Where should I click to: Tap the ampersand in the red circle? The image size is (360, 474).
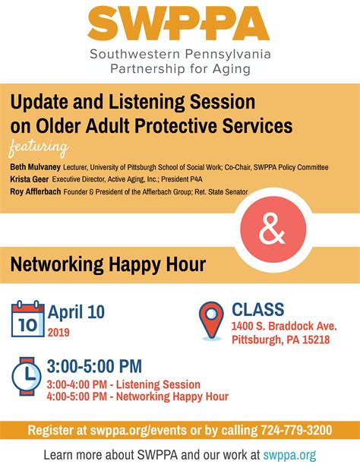[273, 228]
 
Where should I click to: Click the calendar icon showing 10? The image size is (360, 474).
[27, 319]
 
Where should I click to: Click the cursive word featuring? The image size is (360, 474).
[38, 147]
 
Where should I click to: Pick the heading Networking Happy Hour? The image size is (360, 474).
[108, 264]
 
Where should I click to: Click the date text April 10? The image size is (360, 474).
[76, 311]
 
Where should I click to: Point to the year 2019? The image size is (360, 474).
[58, 332]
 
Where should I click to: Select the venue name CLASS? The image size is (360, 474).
[257, 309]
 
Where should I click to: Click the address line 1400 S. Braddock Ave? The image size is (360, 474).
[284, 326]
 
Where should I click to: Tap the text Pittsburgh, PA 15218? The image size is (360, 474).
[280, 340]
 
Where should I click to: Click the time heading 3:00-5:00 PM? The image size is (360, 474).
[94, 366]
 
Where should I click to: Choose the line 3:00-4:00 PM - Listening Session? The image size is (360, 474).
[123, 384]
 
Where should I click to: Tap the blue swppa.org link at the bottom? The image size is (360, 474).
[289, 455]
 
